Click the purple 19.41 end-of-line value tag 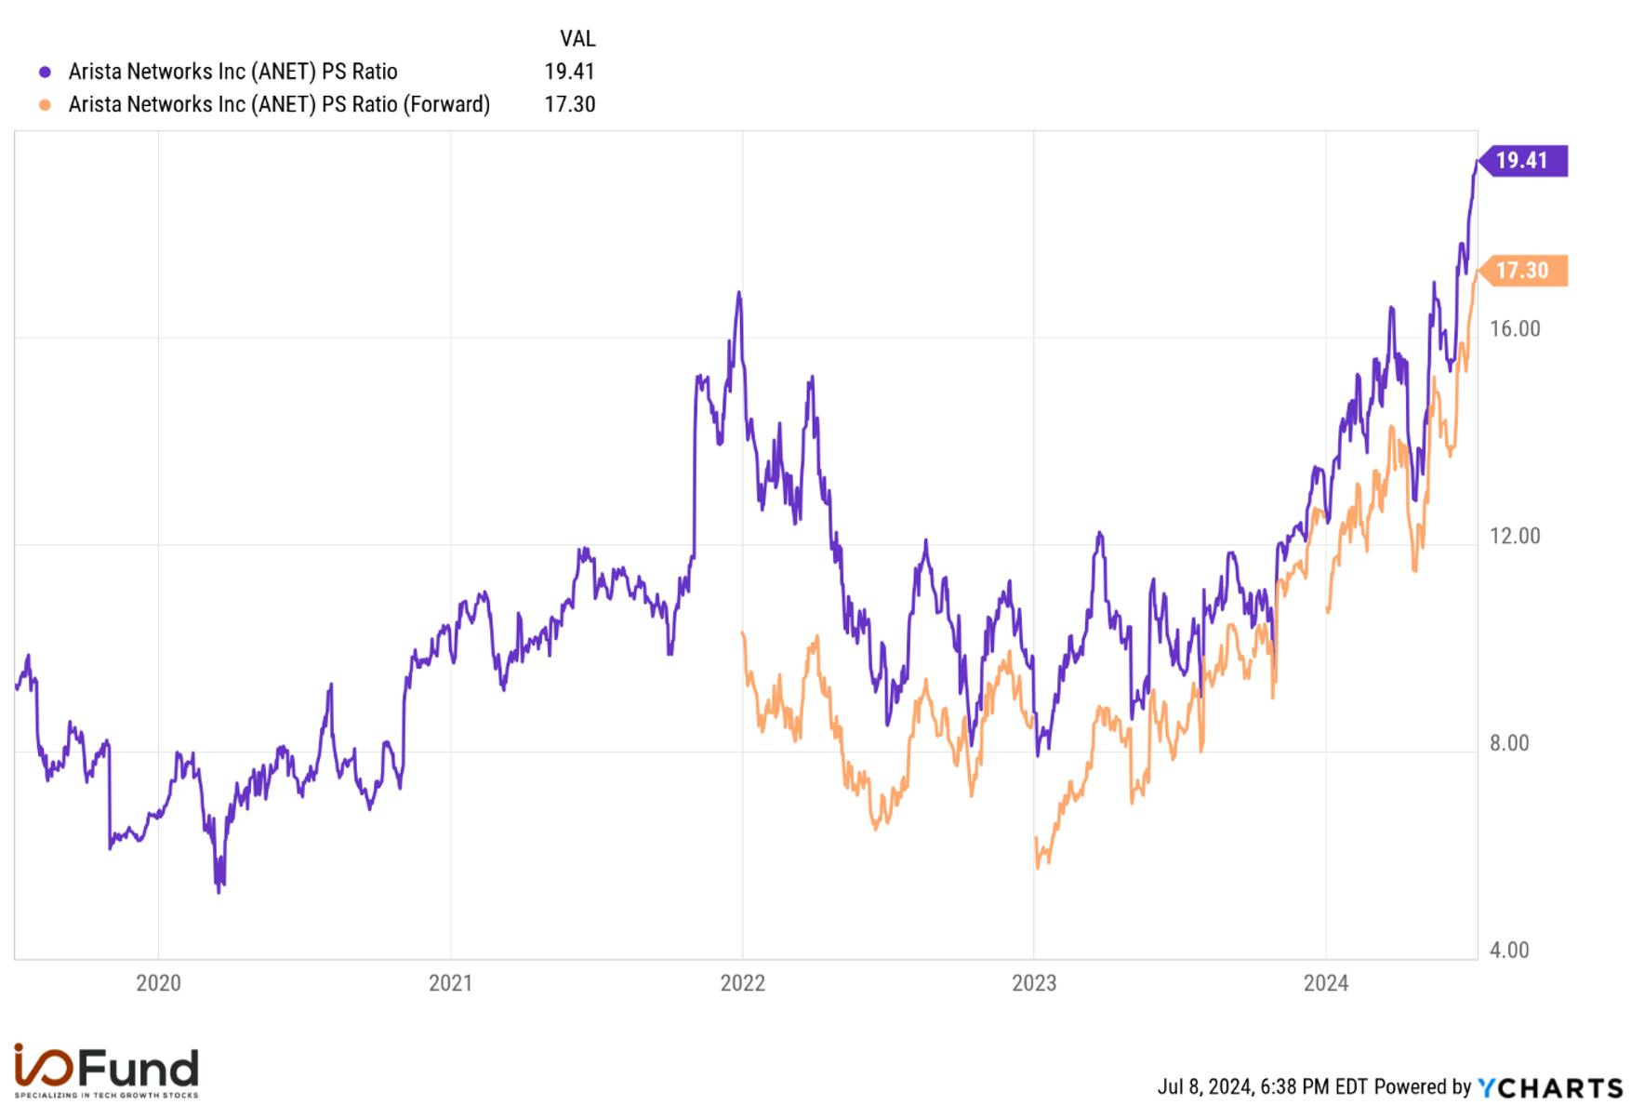pos(1523,161)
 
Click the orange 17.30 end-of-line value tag pos(1523,271)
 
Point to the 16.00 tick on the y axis pos(1515,329)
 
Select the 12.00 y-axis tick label pos(1515,537)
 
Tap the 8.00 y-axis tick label pos(1509,743)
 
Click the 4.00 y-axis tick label pos(1509,951)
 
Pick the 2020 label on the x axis pos(158,983)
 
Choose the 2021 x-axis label pos(450,983)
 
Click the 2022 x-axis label pos(742,983)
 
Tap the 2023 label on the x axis pos(1034,983)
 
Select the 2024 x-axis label pos(1326,983)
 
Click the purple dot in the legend pos(45,72)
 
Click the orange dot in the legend pos(45,105)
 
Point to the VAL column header pos(577,39)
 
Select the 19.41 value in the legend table pos(569,72)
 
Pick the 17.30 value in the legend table pos(569,104)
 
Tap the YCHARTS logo pos(1550,1087)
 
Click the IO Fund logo pos(106,1070)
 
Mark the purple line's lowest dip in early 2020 pos(219,891)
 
